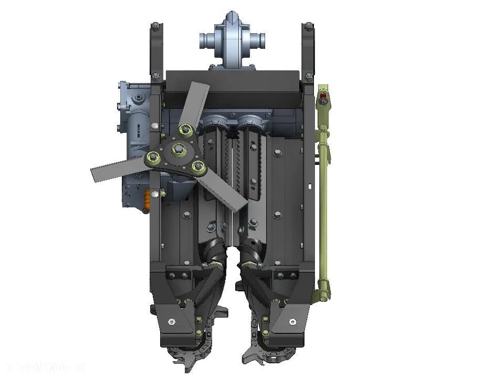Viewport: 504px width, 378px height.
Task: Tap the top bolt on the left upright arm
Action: [155, 26]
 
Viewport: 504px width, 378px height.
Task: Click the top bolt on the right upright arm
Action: [308, 26]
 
